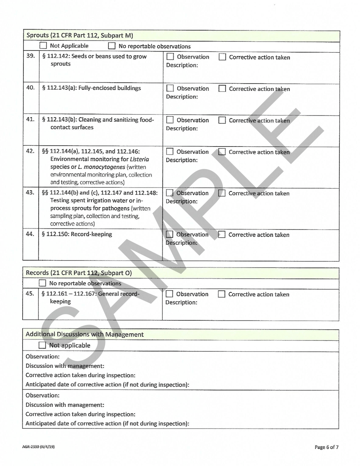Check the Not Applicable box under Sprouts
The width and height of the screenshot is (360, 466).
[43, 46]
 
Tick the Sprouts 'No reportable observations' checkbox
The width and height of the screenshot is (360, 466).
[112, 47]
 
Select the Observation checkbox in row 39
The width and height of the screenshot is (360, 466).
[170, 57]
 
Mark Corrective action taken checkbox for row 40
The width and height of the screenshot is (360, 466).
[222, 89]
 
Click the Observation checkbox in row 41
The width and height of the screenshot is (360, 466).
[170, 120]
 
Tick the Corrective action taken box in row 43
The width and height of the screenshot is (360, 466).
[222, 193]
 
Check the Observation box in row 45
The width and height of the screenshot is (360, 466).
[170, 294]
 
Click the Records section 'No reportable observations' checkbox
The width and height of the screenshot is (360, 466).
[43, 283]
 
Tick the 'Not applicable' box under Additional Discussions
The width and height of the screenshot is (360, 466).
[43, 346]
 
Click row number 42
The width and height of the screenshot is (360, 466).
[30, 151]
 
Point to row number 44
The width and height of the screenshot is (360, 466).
[30, 234]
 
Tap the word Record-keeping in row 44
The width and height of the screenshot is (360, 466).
[94, 234]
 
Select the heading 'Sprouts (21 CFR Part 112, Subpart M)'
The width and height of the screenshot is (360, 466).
[80, 36]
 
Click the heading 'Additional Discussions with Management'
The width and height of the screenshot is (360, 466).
[85, 335]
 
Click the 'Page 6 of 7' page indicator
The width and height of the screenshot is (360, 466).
[327, 447]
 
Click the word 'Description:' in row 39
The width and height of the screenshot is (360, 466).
[182, 65]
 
